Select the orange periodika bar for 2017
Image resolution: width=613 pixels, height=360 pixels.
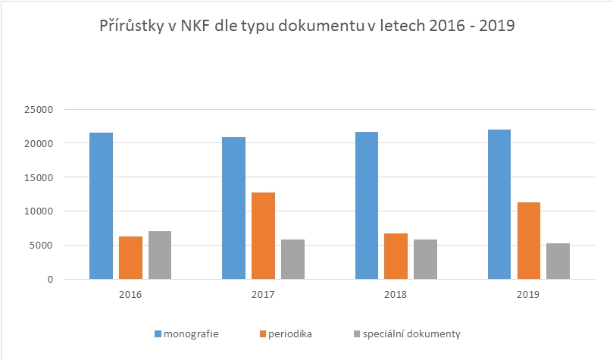[263, 236]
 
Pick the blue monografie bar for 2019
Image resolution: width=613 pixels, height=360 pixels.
[499, 205]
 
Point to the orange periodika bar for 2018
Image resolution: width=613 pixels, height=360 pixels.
[396, 256]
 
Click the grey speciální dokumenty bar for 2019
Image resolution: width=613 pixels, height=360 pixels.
[558, 261]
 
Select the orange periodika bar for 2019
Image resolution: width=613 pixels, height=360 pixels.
[529, 241]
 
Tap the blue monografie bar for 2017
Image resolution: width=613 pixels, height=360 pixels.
[233, 208]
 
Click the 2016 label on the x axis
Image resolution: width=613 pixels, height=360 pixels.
[130, 294]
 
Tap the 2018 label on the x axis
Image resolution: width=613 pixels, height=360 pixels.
[396, 294]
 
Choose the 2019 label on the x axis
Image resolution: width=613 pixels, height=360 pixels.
[529, 294]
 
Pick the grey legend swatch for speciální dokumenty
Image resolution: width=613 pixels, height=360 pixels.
[358, 333]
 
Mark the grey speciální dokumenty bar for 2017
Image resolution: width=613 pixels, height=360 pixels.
[292, 259]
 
